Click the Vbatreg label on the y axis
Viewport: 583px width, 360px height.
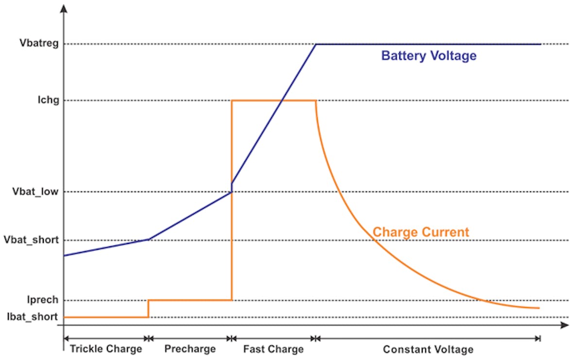(39, 44)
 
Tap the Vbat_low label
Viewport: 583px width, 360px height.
(35, 192)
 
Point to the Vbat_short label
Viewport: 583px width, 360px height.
(31, 240)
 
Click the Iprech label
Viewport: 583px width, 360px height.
(44, 300)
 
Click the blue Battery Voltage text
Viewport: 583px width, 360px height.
(429, 56)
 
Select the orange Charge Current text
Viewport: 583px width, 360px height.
(421, 232)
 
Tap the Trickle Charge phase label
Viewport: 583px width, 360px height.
(106, 349)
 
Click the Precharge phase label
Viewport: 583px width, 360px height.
(189, 349)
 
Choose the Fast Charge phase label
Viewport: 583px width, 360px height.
(273, 349)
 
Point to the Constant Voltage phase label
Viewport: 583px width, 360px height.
(428, 349)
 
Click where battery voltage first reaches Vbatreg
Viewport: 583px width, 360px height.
(316, 44)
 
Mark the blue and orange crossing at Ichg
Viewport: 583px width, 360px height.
(282, 101)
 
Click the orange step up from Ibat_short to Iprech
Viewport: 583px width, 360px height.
(148, 309)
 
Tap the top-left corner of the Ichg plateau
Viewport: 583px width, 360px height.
(232, 101)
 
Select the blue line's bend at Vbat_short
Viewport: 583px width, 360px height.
(149, 239)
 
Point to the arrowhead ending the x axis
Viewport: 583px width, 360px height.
(565, 325)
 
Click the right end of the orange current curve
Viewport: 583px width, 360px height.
(539, 308)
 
